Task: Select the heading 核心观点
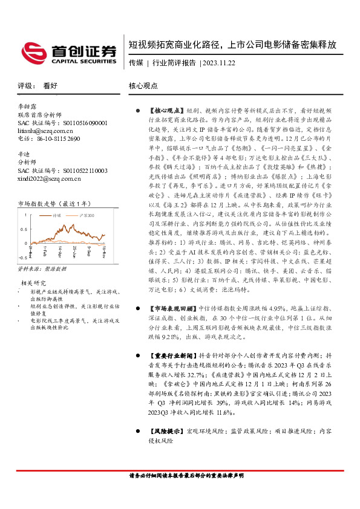(143, 86)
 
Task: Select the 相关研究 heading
(34, 281)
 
